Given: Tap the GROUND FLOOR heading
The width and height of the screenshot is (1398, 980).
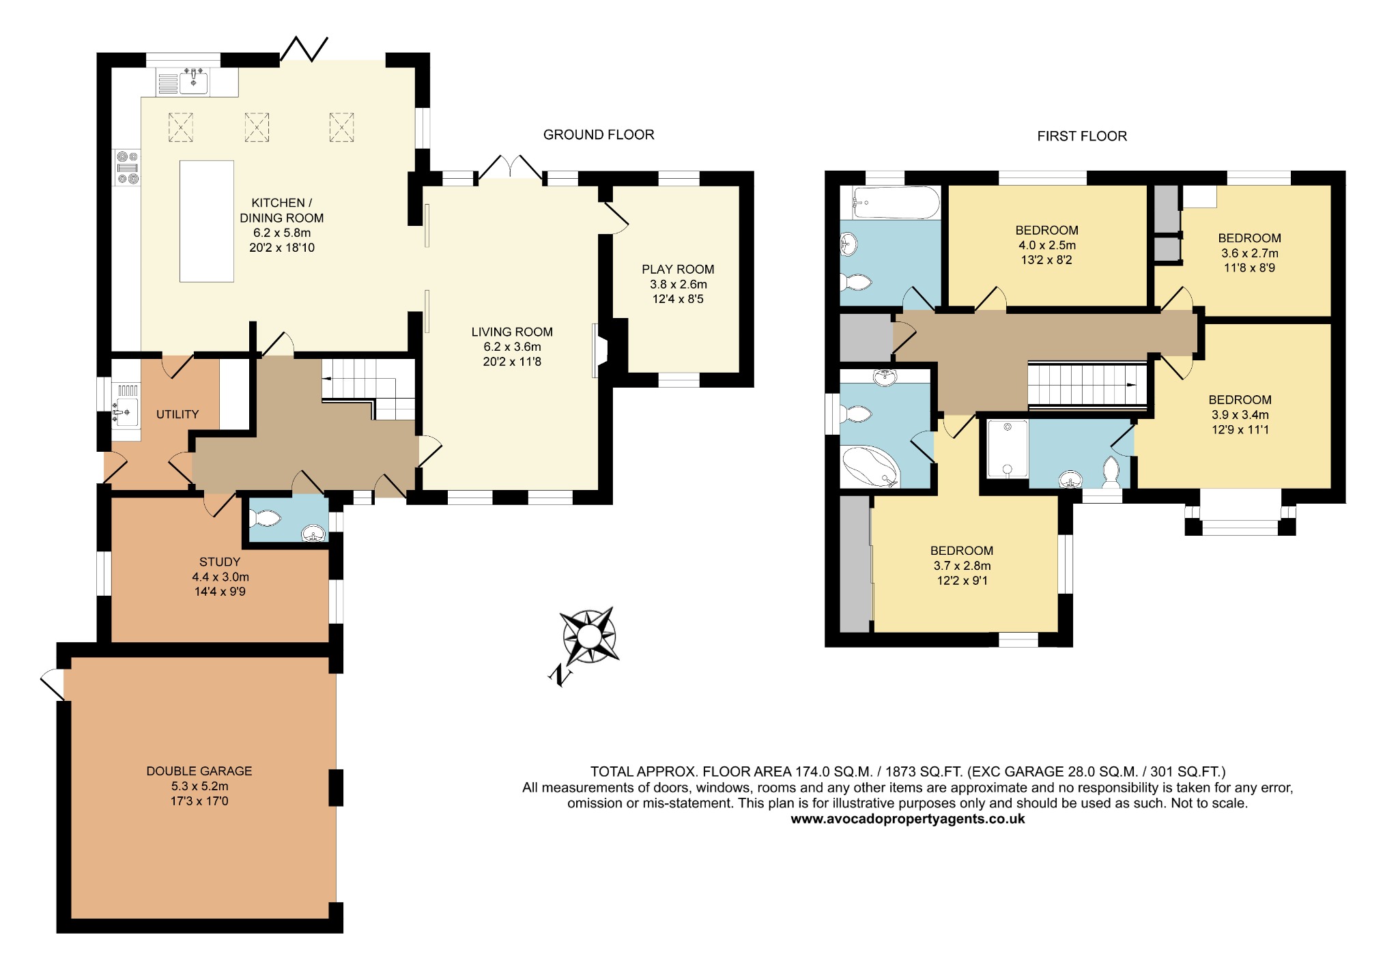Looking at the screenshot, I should coord(598,135).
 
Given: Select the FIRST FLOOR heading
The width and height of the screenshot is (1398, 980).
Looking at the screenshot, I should coord(1081,136).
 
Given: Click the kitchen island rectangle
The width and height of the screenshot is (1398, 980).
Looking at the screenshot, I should coord(206,221).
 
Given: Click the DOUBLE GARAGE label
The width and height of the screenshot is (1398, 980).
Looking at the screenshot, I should coord(199,771).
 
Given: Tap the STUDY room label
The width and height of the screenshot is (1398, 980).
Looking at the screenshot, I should coord(220,562).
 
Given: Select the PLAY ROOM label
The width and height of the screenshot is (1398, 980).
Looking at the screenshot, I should coord(677,270).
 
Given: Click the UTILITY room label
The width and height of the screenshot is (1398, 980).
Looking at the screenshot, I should coord(177,414).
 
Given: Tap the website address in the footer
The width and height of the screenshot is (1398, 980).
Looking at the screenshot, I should coord(907,819).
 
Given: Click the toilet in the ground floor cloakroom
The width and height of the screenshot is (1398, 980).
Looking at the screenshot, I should coord(265,519).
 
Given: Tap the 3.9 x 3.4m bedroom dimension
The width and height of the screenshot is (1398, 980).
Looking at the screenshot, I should coord(1240,415).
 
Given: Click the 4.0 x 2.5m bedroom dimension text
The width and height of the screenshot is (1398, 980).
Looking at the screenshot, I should coord(1046,245).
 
